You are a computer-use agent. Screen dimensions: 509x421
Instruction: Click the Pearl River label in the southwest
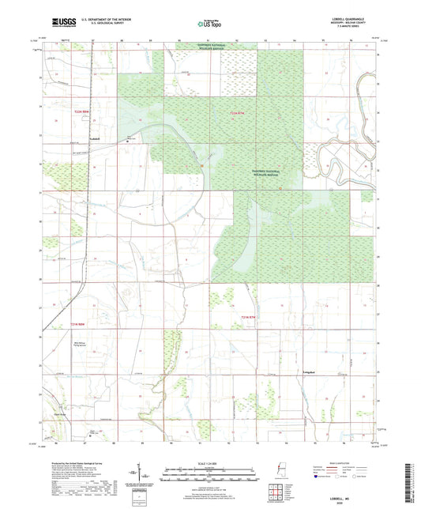(x=55, y=409)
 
